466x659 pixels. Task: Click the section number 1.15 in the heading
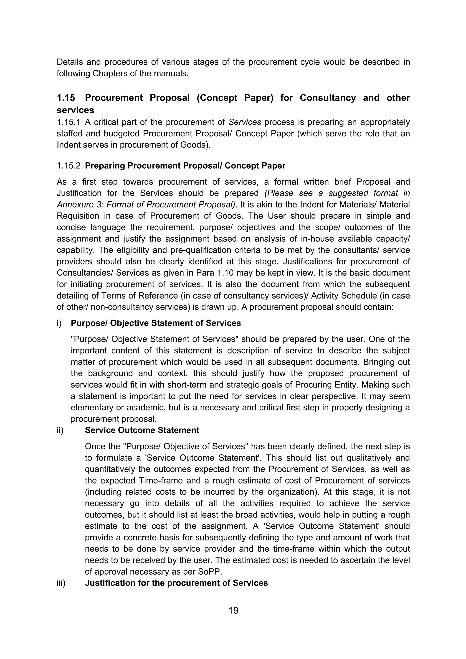pos(66,98)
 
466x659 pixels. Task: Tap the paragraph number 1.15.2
pos(68,166)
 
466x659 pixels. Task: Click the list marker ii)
pos(60,430)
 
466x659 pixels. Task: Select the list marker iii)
pos(61,583)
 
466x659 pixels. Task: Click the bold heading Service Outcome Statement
pos(142,430)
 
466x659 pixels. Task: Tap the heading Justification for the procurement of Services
pos(176,583)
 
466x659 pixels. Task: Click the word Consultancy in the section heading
pos(328,98)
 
